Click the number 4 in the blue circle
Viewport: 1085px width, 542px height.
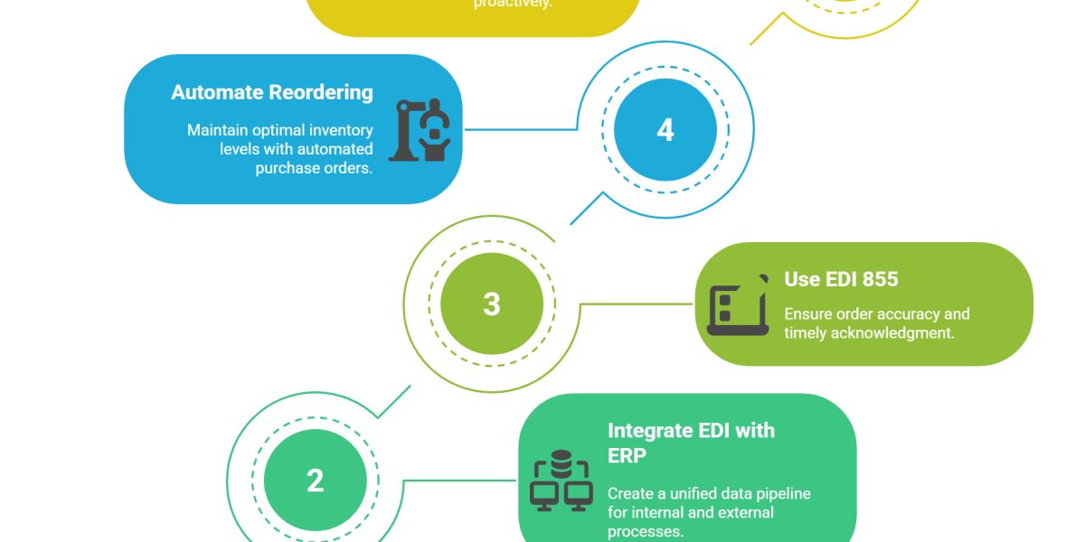click(x=665, y=130)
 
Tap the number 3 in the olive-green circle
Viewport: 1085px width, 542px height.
click(x=491, y=304)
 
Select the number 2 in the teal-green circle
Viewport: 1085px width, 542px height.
click(x=315, y=480)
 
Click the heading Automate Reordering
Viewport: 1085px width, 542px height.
click(x=271, y=92)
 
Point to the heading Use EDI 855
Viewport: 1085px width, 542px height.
click(x=841, y=279)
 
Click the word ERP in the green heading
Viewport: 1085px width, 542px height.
click(x=627, y=456)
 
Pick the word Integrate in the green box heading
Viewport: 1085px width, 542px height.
click(x=649, y=430)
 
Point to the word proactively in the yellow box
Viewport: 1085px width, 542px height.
click(x=513, y=4)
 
